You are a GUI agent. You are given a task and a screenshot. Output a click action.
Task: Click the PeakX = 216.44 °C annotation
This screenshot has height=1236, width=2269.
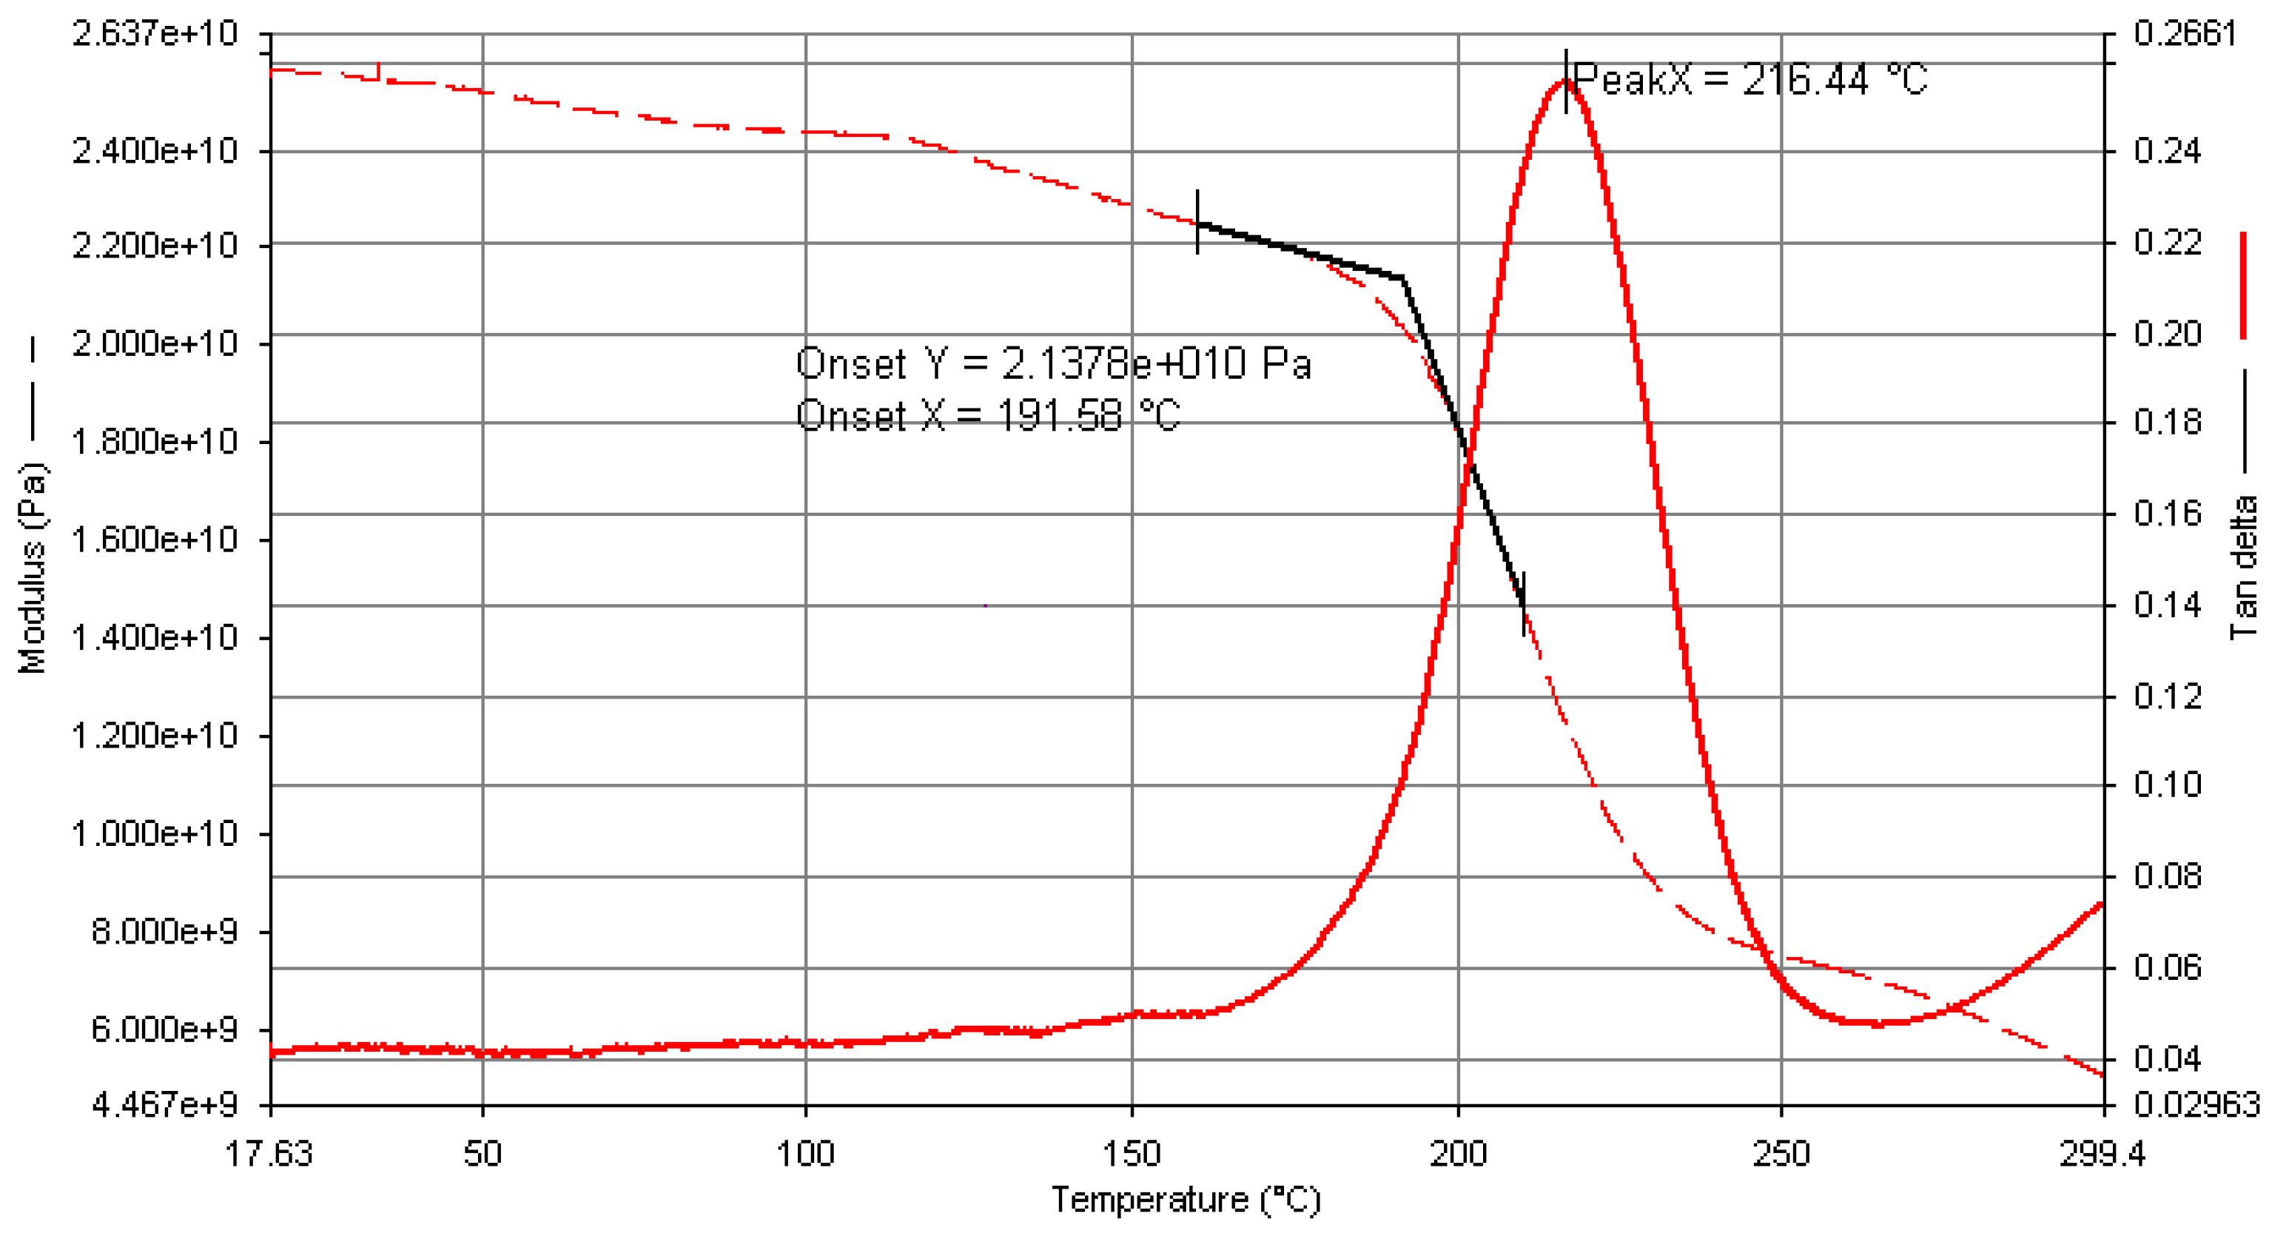pos(1749,79)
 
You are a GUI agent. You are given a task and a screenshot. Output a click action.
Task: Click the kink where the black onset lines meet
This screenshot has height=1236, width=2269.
pos(1402,278)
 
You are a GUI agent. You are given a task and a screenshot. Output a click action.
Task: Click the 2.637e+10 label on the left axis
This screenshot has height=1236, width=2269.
pos(155,33)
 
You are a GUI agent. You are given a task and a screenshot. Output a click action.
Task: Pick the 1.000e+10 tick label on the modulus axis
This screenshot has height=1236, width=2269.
pos(155,833)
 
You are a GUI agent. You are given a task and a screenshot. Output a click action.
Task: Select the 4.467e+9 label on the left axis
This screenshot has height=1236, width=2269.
pos(164,1104)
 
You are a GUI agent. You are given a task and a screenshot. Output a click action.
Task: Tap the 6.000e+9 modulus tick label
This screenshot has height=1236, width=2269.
pos(164,1028)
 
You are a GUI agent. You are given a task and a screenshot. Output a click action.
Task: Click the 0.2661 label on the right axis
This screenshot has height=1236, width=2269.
pos(2185,33)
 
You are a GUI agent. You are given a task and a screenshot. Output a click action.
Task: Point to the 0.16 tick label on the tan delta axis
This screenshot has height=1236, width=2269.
pos(2167,513)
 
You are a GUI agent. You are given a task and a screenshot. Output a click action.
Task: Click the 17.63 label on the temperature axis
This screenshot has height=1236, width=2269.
pos(269,1153)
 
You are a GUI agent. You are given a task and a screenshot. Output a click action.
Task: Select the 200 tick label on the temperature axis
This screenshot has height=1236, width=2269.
pos(1458,1153)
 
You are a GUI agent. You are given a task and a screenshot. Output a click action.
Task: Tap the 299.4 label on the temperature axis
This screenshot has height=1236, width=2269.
pos(2102,1153)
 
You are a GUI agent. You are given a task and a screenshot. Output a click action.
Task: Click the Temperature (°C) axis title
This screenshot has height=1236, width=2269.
pos(1186,1200)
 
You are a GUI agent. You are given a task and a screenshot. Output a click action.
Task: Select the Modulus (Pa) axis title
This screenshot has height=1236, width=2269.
pos(33,568)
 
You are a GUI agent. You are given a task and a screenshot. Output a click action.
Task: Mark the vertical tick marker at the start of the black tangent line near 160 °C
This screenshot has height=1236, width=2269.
pos(1197,222)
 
